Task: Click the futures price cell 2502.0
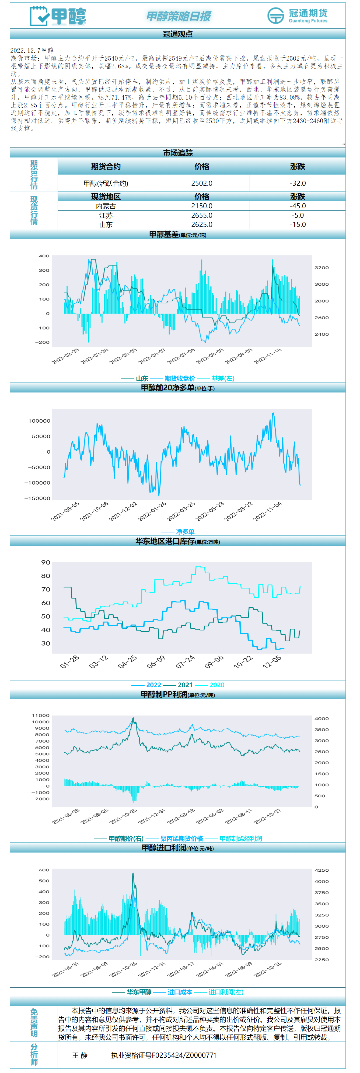point(202,183)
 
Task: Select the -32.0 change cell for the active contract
point(298,183)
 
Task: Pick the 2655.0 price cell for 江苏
point(202,215)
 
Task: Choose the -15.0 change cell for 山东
point(298,225)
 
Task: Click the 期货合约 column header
point(106,167)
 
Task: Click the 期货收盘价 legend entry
point(180,379)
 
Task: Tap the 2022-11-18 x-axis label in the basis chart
point(268,356)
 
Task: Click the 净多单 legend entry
point(185,532)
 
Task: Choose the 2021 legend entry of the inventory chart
point(185,685)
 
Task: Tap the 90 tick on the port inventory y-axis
point(46,563)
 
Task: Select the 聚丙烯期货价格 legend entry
point(182,839)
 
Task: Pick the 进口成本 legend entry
point(180,992)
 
